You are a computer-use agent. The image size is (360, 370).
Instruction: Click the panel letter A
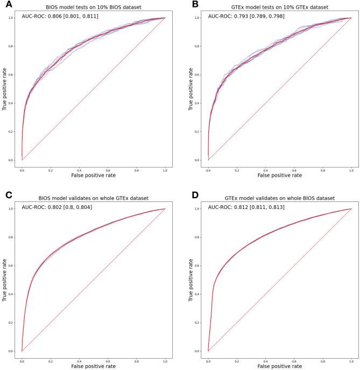tap(4, 4)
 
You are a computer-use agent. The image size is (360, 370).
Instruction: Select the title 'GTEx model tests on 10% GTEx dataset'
tap(279, 6)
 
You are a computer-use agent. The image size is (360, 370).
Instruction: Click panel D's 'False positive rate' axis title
tap(279, 366)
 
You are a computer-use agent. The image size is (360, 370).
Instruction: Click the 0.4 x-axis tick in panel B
tap(265, 169)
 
